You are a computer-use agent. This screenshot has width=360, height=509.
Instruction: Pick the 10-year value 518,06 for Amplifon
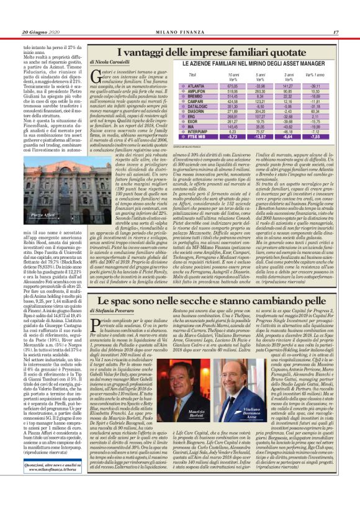pos(232,91)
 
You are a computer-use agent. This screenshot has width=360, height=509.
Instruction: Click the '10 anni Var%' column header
pos(233,76)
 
